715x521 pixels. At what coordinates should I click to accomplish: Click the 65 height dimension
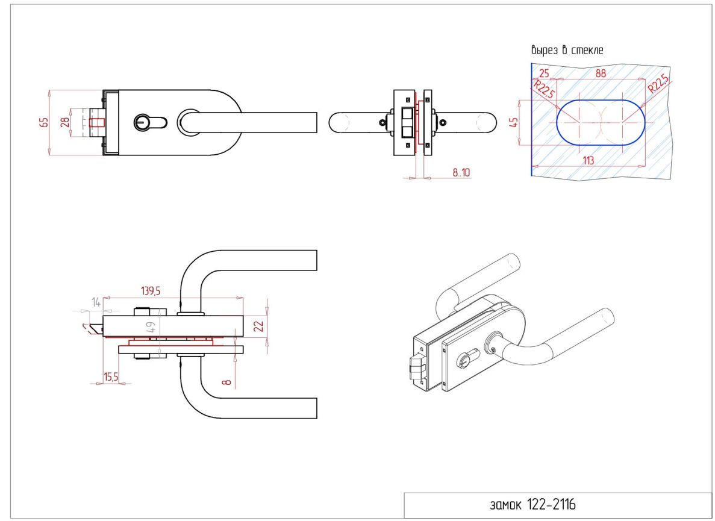[44, 122]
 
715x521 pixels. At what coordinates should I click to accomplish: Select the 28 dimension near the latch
[65, 122]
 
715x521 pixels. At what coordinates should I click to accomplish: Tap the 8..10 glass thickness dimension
[461, 172]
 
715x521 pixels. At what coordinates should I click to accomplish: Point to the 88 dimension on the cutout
[601, 73]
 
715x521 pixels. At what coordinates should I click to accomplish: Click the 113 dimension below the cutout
[589, 160]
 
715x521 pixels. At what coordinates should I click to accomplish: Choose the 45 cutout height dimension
[514, 122]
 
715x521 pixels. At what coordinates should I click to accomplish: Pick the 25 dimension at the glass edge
[544, 73]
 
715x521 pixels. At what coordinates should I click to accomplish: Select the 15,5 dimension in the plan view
[111, 376]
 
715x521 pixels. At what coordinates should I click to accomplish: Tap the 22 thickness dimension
[258, 326]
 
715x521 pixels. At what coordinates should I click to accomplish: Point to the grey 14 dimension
[96, 302]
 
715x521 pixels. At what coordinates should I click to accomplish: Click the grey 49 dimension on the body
[151, 327]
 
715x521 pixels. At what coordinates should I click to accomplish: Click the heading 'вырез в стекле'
[567, 49]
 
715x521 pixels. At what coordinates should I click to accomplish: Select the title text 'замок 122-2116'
[532, 505]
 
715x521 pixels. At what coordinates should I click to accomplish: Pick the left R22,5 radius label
[545, 90]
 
